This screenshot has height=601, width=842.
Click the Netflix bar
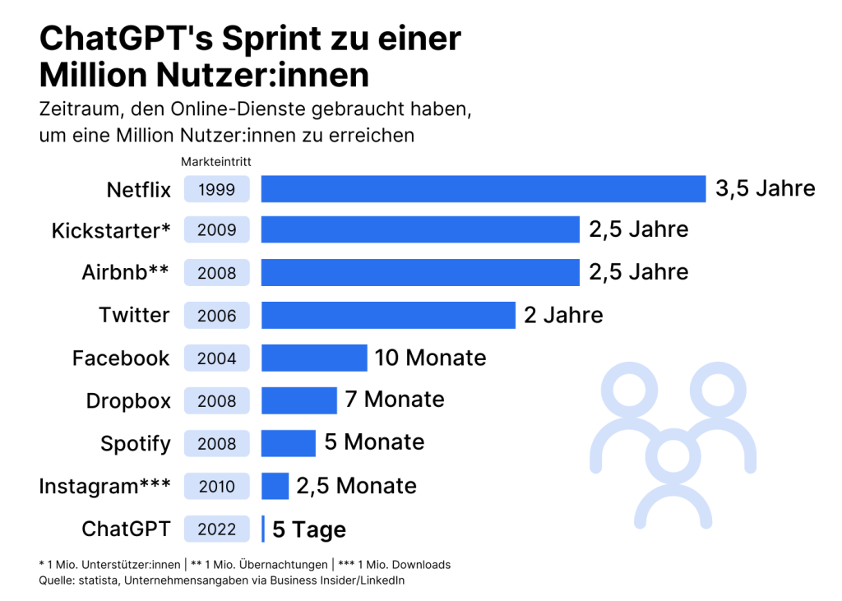tap(483, 189)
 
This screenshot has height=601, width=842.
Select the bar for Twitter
tap(388, 315)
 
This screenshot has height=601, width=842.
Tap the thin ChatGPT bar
tap(263, 529)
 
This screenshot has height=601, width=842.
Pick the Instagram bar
tap(275, 486)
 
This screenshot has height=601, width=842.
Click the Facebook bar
tap(314, 358)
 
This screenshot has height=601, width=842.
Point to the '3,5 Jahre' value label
tap(765, 189)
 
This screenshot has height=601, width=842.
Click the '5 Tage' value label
tap(309, 530)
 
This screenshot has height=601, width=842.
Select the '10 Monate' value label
tap(430, 358)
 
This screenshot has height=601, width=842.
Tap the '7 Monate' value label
tap(395, 400)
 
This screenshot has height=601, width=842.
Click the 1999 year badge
tap(217, 190)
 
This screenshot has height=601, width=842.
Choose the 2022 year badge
tap(217, 529)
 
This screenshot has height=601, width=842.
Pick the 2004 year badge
tap(217, 358)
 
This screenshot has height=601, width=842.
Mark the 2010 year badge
tap(217, 487)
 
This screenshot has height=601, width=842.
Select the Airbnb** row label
tap(126, 273)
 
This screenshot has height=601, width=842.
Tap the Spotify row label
tap(136, 444)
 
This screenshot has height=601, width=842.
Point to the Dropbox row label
tap(128, 401)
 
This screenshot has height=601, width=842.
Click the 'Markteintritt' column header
tap(216, 162)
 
